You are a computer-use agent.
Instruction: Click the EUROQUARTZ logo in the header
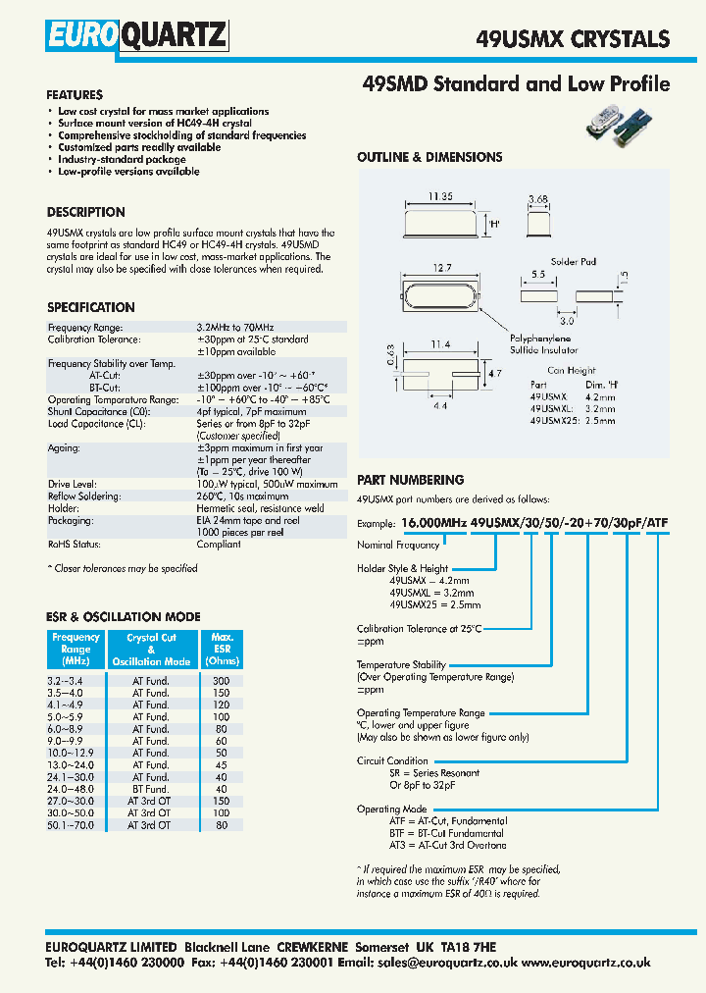136,37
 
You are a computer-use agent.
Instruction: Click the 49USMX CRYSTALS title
573,39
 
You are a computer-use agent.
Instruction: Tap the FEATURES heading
75,95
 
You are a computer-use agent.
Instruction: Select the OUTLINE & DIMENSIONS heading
429,157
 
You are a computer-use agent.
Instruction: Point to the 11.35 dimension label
440,197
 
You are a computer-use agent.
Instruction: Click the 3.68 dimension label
536,200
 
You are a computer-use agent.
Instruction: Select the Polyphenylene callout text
543,337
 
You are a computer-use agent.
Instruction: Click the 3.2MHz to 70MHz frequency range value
235,327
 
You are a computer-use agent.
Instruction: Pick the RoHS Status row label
75,544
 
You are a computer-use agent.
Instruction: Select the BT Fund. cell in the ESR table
151,789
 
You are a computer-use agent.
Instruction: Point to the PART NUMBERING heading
410,480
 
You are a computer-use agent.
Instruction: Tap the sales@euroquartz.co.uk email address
446,964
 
